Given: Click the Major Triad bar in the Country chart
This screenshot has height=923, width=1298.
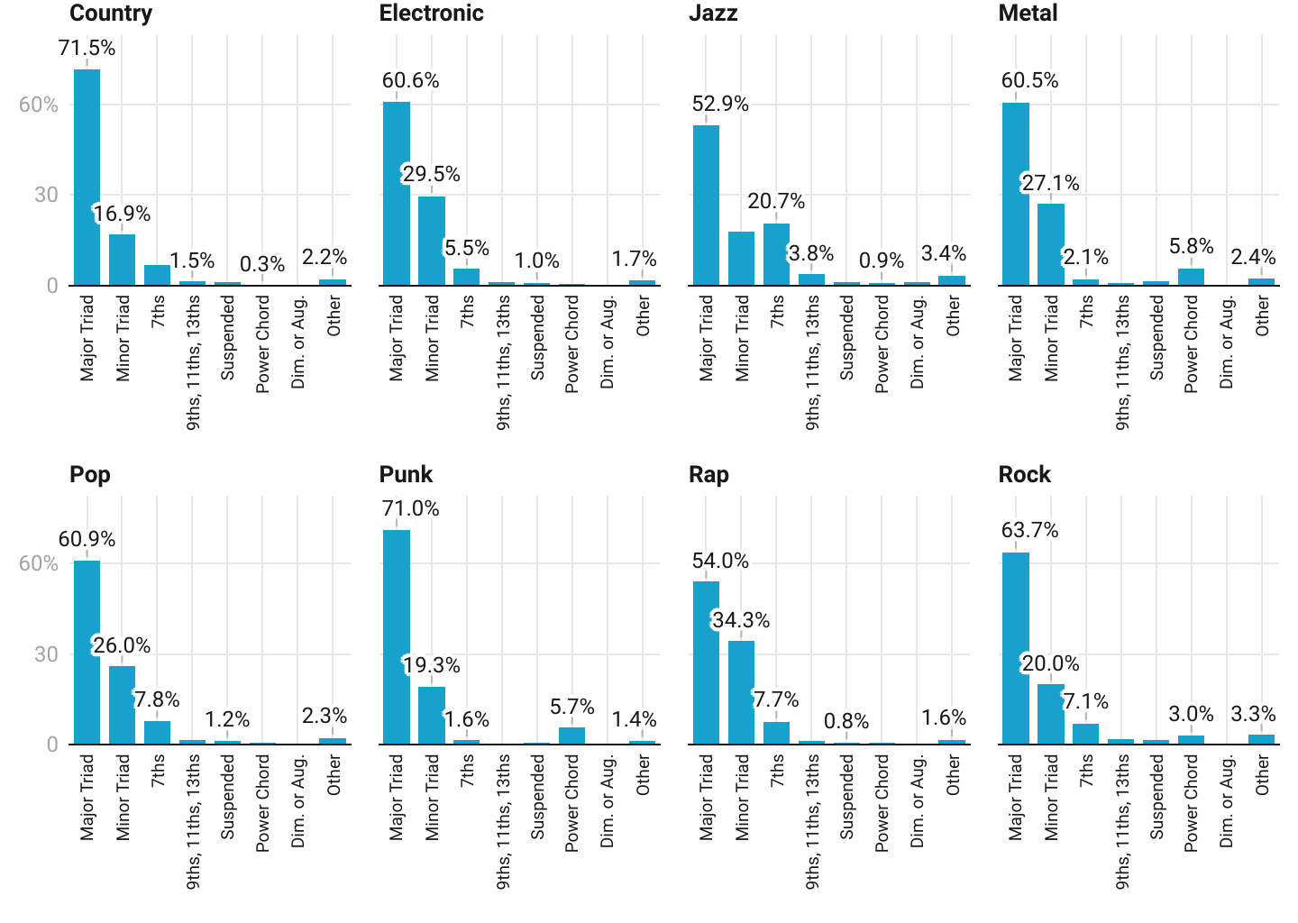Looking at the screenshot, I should click(87, 178).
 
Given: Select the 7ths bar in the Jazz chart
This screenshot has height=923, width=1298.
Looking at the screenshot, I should click(776, 254).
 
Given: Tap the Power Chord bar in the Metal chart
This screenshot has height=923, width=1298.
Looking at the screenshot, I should click(1191, 277).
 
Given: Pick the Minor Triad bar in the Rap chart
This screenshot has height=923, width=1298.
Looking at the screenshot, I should click(741, 692).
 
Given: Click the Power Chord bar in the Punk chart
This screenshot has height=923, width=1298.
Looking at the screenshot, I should click(571, 736).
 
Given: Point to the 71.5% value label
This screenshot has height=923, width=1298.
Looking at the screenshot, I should click(87, 49).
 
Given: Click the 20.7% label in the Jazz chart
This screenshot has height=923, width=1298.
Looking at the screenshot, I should click(776, 202).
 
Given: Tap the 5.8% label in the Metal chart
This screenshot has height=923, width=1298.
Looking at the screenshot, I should click(1191, 247).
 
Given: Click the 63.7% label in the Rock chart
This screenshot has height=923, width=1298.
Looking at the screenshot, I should click(1029, 530).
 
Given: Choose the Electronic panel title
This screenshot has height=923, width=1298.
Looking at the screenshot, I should click(431, 14).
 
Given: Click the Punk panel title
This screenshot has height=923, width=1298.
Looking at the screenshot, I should click(406, 475).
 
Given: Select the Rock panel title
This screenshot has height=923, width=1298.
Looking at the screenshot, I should click(1024, 475).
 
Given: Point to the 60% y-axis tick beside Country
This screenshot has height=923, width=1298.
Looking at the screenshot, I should click(39, 105).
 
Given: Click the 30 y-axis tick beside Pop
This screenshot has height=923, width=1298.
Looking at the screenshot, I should click(46, 655).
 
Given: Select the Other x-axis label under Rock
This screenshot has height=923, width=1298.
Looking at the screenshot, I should click(1262, 775).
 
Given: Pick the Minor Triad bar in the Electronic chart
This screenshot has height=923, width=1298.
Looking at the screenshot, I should click(432, 241).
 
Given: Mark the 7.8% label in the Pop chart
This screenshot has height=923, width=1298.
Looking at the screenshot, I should click(157, 700).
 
